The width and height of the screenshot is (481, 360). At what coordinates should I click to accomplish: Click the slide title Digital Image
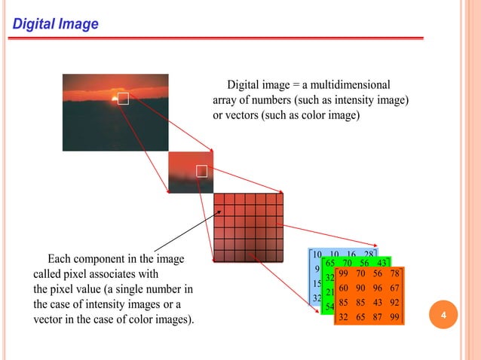point(55,25)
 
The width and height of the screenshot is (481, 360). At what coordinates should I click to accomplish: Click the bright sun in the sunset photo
point(115,97)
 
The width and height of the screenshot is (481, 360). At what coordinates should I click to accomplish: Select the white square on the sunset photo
point(124,98)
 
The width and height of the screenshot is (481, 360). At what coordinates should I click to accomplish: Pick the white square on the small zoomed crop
point(201,171)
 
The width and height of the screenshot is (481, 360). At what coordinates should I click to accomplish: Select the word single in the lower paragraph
point(157,289)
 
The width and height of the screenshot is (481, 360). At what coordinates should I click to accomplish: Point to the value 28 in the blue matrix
point(369,255)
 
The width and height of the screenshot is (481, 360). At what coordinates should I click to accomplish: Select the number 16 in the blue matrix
point(351,255)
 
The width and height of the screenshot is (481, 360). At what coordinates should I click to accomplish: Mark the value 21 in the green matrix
point(330,292)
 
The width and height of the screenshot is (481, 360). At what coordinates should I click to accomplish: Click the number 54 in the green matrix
point(329,307)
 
